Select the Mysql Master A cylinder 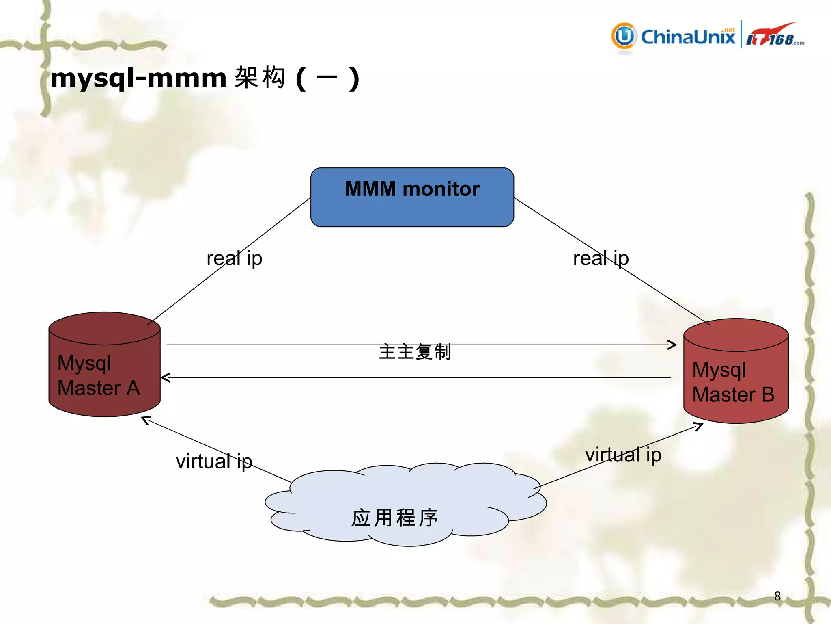(x=104, y=366)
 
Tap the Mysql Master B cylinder (x=736, y=372)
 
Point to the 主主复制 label (x=415, y=351)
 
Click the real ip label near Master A (x=234, y=258)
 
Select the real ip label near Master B (x=601, y=258)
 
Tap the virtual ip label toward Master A (x=214, y=461)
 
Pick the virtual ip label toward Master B (x=623, y=455)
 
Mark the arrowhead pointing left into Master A (x=164, y=377)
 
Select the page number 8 (x=777, y=596)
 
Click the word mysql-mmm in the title (x=138, y=78)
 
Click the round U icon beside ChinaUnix (x=624, y=36)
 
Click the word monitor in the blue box (x=441, y=189)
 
